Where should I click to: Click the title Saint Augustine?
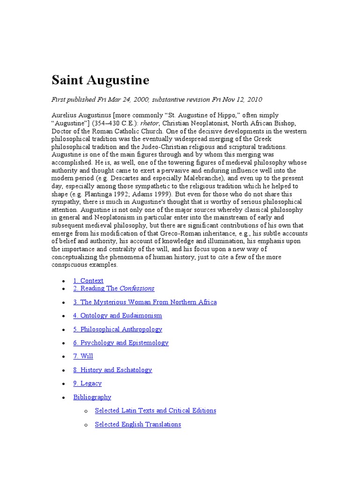click(x=100, y=81)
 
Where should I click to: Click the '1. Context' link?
click(x=88, y=281)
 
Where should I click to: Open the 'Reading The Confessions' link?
click(x=113, y=288)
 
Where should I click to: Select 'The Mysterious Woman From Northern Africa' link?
click(x=145, y=302)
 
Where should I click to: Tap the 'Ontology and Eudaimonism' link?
click(x=117, y=315)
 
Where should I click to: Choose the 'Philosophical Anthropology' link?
click(x=118, y=329)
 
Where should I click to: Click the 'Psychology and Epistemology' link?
click(x=120, y=343)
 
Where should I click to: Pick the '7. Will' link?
click(x=83, y=356)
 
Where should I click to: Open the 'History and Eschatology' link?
click(x=112, y=370)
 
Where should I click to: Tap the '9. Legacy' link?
click(x=87, y=383)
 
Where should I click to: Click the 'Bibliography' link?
click(x=92, y=397)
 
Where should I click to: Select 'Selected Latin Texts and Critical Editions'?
click(x=155, y=411)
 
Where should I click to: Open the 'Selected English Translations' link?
click(x=138, y=424)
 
